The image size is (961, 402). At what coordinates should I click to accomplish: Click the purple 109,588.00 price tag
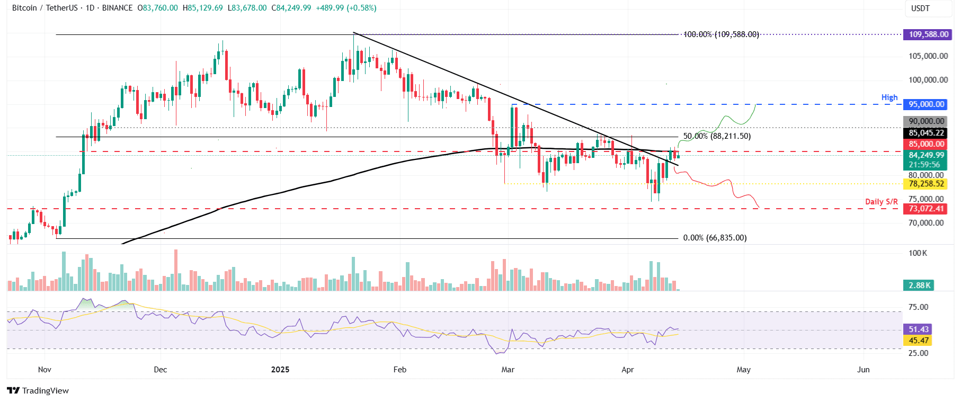click(x=928, y=34)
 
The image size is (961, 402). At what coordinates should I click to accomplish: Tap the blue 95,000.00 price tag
click(x=926, y=104)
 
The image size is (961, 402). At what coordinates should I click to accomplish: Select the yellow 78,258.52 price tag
click(x=926, y=184)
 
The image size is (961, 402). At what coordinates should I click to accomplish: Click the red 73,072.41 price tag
click(x=926, y=209)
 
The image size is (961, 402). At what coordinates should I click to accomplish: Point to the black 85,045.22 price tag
click(x=926, y=133)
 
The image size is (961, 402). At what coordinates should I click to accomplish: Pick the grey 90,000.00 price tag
click(x=926, y=121)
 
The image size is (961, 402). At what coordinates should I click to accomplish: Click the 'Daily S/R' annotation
click(x=881, y=202)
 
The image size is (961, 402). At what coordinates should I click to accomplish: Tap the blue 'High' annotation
click(x=889, y=97)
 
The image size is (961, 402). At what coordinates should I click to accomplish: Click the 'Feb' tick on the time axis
click(x=400, y=369)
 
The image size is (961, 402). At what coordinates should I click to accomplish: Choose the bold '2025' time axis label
click(x=280, y=369)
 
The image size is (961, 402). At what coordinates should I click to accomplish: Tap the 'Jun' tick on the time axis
click(x=863, y=369)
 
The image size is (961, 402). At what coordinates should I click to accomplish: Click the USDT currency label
click(x=920, y=8)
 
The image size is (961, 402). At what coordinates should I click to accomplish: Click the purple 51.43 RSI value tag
click(x=919, y=329)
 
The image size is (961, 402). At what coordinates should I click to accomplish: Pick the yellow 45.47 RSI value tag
click(x=919, y=341)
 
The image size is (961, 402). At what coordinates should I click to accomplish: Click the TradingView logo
click(x=38, y=390)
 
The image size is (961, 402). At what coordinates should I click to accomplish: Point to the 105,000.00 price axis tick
click(x=928, y=56)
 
